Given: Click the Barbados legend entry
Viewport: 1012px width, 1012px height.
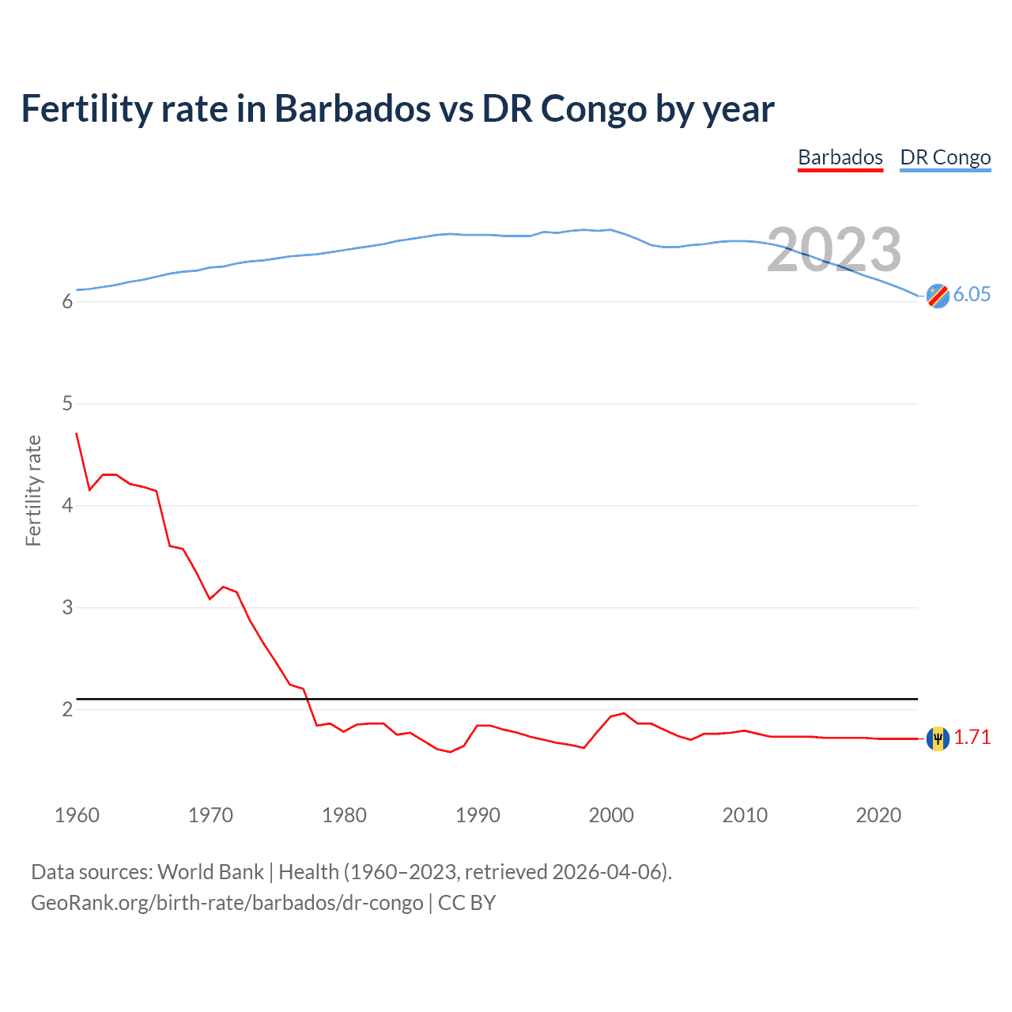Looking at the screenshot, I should tap(840, 157).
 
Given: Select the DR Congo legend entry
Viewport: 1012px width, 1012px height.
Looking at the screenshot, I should tap(945, 157).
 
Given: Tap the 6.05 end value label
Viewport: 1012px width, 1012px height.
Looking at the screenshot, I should tap(972, 294).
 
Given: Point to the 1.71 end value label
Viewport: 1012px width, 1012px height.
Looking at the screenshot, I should tap(972, 737).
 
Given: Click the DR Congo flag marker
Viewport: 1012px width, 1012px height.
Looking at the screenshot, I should tap(938, 296).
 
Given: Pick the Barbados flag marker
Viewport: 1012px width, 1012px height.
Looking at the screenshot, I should tap(938, 738).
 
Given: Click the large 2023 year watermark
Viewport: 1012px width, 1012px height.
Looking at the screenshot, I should tap(834, 250).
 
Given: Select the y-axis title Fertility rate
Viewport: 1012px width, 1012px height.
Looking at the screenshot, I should tap(33, 490).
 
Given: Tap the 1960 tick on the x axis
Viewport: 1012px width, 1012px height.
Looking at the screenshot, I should tap(77, 815).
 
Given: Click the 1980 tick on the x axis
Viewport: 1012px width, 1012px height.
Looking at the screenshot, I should tap(344, 815).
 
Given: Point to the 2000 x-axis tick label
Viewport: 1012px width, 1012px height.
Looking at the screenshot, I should tap(611, 815).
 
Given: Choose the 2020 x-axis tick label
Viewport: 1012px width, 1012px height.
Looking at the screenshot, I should tap(878, 815).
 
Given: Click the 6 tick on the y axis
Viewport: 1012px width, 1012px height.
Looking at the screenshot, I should tap(67, 301).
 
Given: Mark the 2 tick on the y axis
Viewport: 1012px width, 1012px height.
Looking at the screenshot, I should tap(67, 709).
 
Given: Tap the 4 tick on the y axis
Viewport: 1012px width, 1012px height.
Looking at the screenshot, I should tap(67, 505).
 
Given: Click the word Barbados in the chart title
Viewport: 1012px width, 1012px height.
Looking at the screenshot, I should tap(353, 108).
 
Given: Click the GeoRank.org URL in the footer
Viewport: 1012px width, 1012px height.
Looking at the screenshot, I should tap(227, 903).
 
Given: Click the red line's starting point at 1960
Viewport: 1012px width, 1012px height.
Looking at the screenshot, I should tap(77, 433).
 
